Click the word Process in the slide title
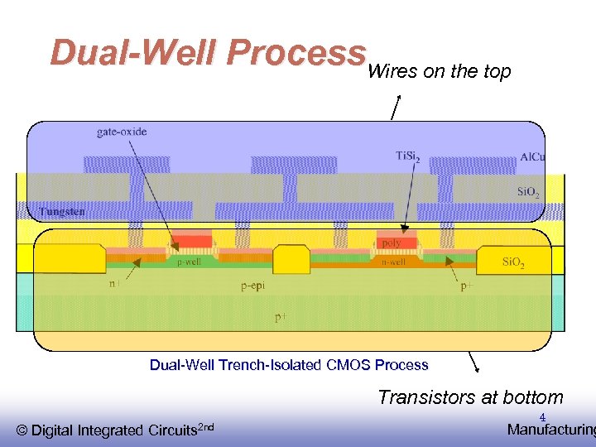click(x=296, y=53)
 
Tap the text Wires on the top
click(x=439, y=72)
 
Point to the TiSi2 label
click(x=407, y=155)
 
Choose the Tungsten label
click(x=61, y=212)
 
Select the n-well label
click(x=393, y=262)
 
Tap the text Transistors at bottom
click(x=470, y=397)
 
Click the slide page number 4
click(x=543, y=416)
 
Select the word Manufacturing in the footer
click(x=550, y=430)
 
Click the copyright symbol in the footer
click(x=22, y=430)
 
